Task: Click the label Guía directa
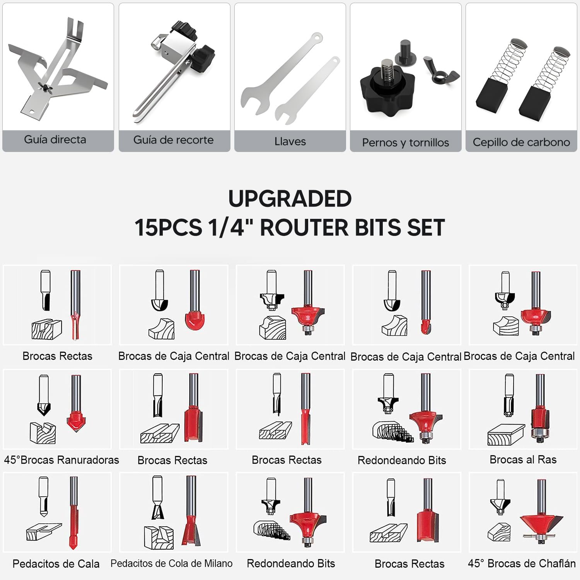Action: coord(55,140)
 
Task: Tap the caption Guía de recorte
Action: coord(173,140)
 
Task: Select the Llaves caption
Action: coord(290,142)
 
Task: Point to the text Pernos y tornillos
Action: coord(406,143)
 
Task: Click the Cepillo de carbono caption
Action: coord(521,142)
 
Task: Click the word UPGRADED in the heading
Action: coord(290,199)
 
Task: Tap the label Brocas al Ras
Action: coord(523,459)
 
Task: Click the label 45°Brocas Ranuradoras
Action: coord(61,460)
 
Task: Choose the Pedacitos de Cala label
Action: coord(56,564)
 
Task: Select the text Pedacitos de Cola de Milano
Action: coord(172,563)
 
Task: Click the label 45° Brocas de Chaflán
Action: coord(522,563)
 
